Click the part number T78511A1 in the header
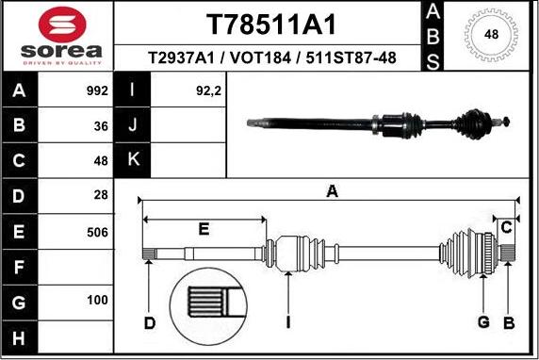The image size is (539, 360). click(270, 25)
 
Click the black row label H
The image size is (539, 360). click(19, 336)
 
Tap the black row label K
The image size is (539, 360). click(133, 160)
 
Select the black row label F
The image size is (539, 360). click(19, 266)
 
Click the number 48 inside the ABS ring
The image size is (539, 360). click(491, 35)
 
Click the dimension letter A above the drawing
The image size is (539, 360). click(332, 191)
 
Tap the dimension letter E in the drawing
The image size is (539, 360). click(204, 228)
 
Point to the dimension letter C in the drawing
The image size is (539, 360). click(507, 226)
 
